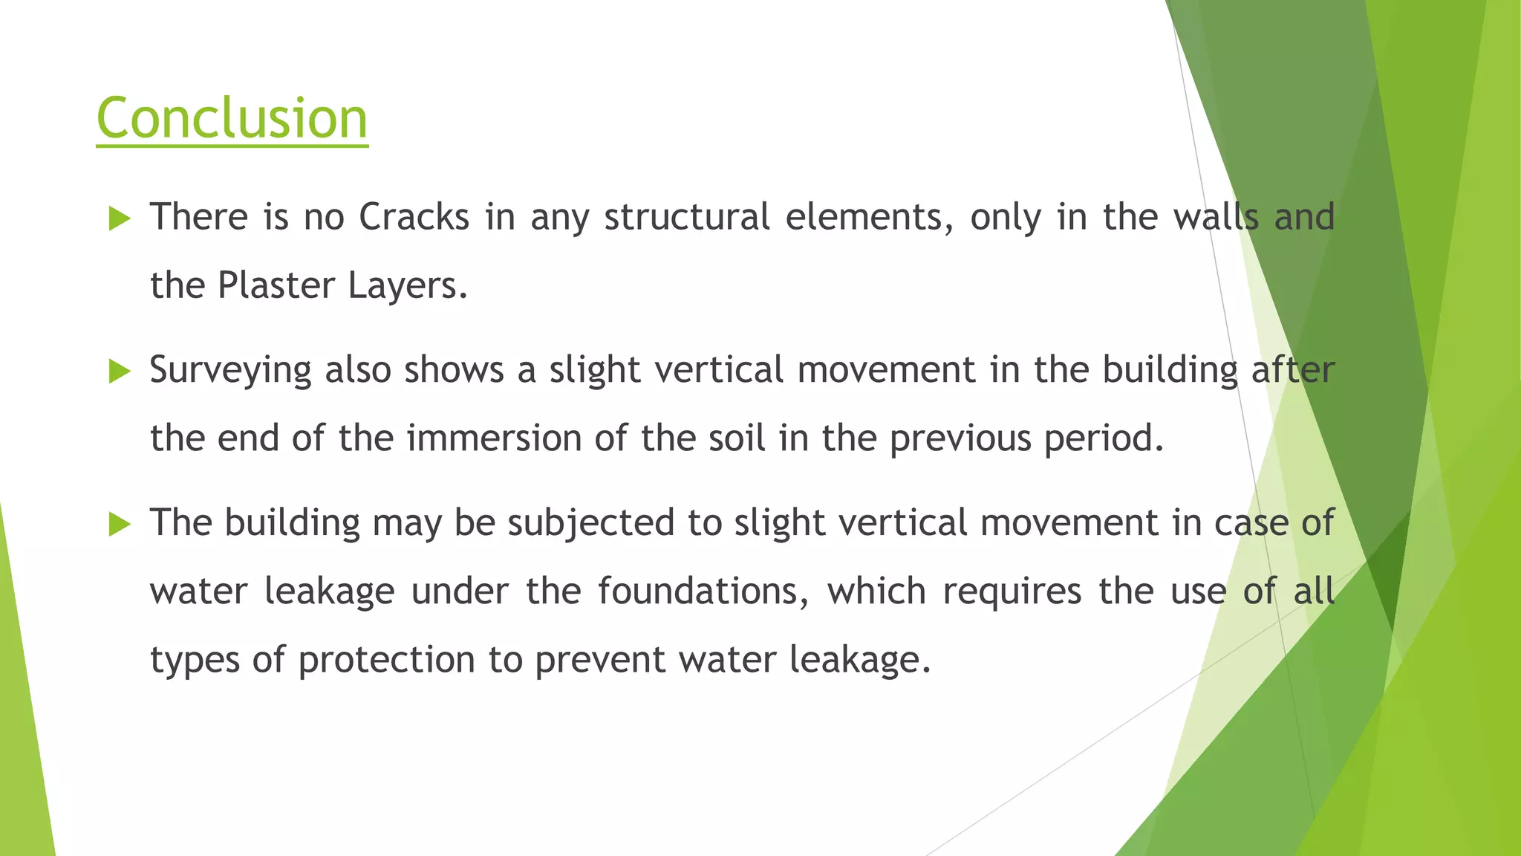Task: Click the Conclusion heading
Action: tap(232, 118)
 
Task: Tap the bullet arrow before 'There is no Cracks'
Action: tap(119, 218)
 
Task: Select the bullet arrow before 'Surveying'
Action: tap(119, 371)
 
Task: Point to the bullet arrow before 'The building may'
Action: tap(119, 524)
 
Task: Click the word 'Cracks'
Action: tap(414, 217)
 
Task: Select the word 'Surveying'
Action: tap(230, 370)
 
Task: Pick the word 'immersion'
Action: tap(493, 438)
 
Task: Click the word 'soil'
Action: tap(736, 438)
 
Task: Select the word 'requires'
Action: tap(1012, 591)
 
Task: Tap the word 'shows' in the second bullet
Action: tap(454, 370)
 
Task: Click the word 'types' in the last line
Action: tap(195, 660)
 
